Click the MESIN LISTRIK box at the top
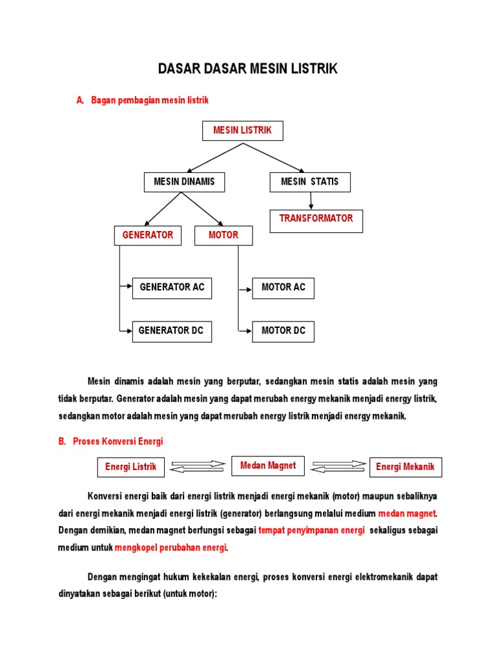[243, 130]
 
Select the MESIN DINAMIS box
[184, 182]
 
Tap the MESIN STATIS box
[310, 182]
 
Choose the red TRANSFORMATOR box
[316, 220]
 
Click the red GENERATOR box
[148, 236]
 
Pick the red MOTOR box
[223, 236]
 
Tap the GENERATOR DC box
[172, 331]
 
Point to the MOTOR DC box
[283, 331]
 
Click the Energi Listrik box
[131, 467]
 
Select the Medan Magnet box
[268, 465]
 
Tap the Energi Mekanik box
[406, 467]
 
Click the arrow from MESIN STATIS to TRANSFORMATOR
[311, 201]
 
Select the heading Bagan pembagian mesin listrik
[150, 100]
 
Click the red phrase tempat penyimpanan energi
[311, 531]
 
